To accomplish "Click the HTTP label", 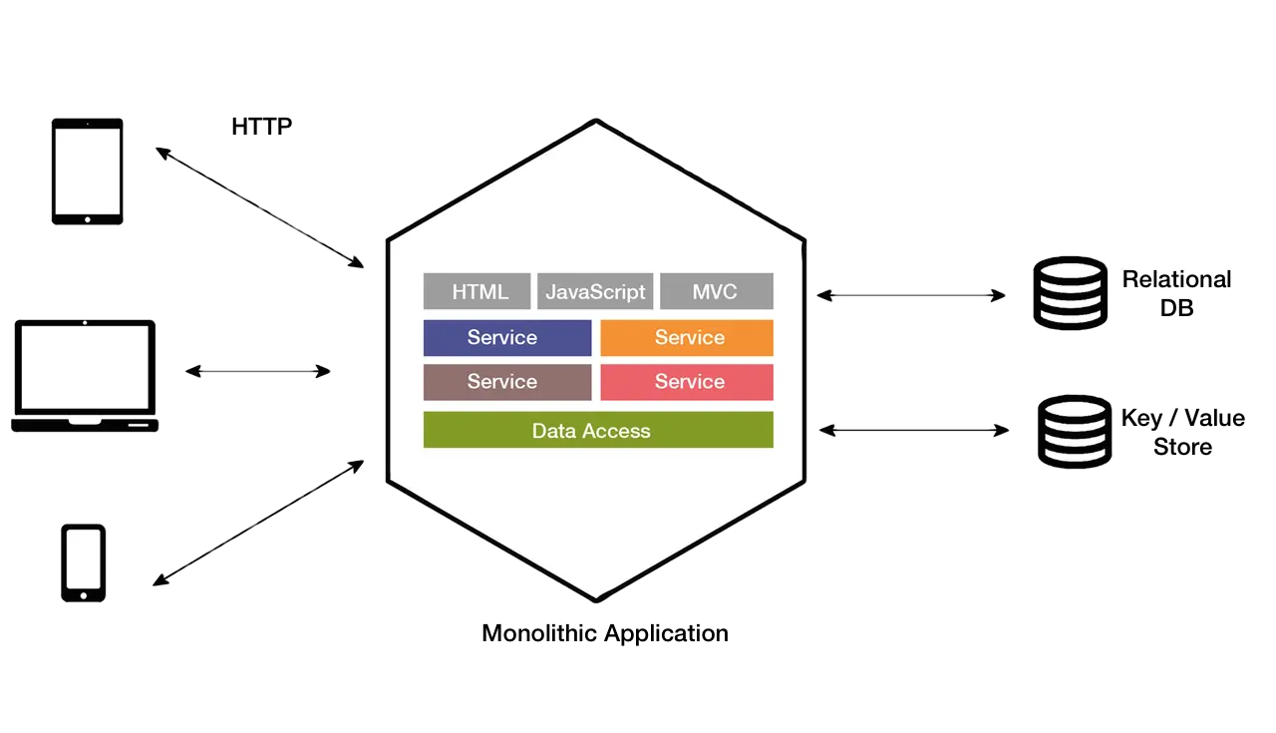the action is click(261, 127).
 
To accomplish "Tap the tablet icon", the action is click(87, 172).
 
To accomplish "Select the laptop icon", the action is click(85, 376).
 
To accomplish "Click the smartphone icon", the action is click(83, 563).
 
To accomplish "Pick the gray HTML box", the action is click(477, 291).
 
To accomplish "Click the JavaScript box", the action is click(595, 291).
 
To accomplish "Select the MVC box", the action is click(717, 291).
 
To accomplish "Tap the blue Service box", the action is click(507, 337).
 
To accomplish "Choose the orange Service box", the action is click(687, 337).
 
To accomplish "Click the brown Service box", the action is click(507, 382).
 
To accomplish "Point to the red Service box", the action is click(687, 382).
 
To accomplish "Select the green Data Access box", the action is click(598, 430).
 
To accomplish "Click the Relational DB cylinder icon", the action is click(1071, 293).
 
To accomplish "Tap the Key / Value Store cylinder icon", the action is click(1075, 432).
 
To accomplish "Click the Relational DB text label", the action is click(1177, 293).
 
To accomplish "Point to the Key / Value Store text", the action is click(1183, 432).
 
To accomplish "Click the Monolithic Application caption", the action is click(605, 633).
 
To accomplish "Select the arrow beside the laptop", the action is click(258, 372).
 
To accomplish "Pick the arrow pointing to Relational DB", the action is click(911, 295).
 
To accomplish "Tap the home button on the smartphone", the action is click(83, 595).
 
